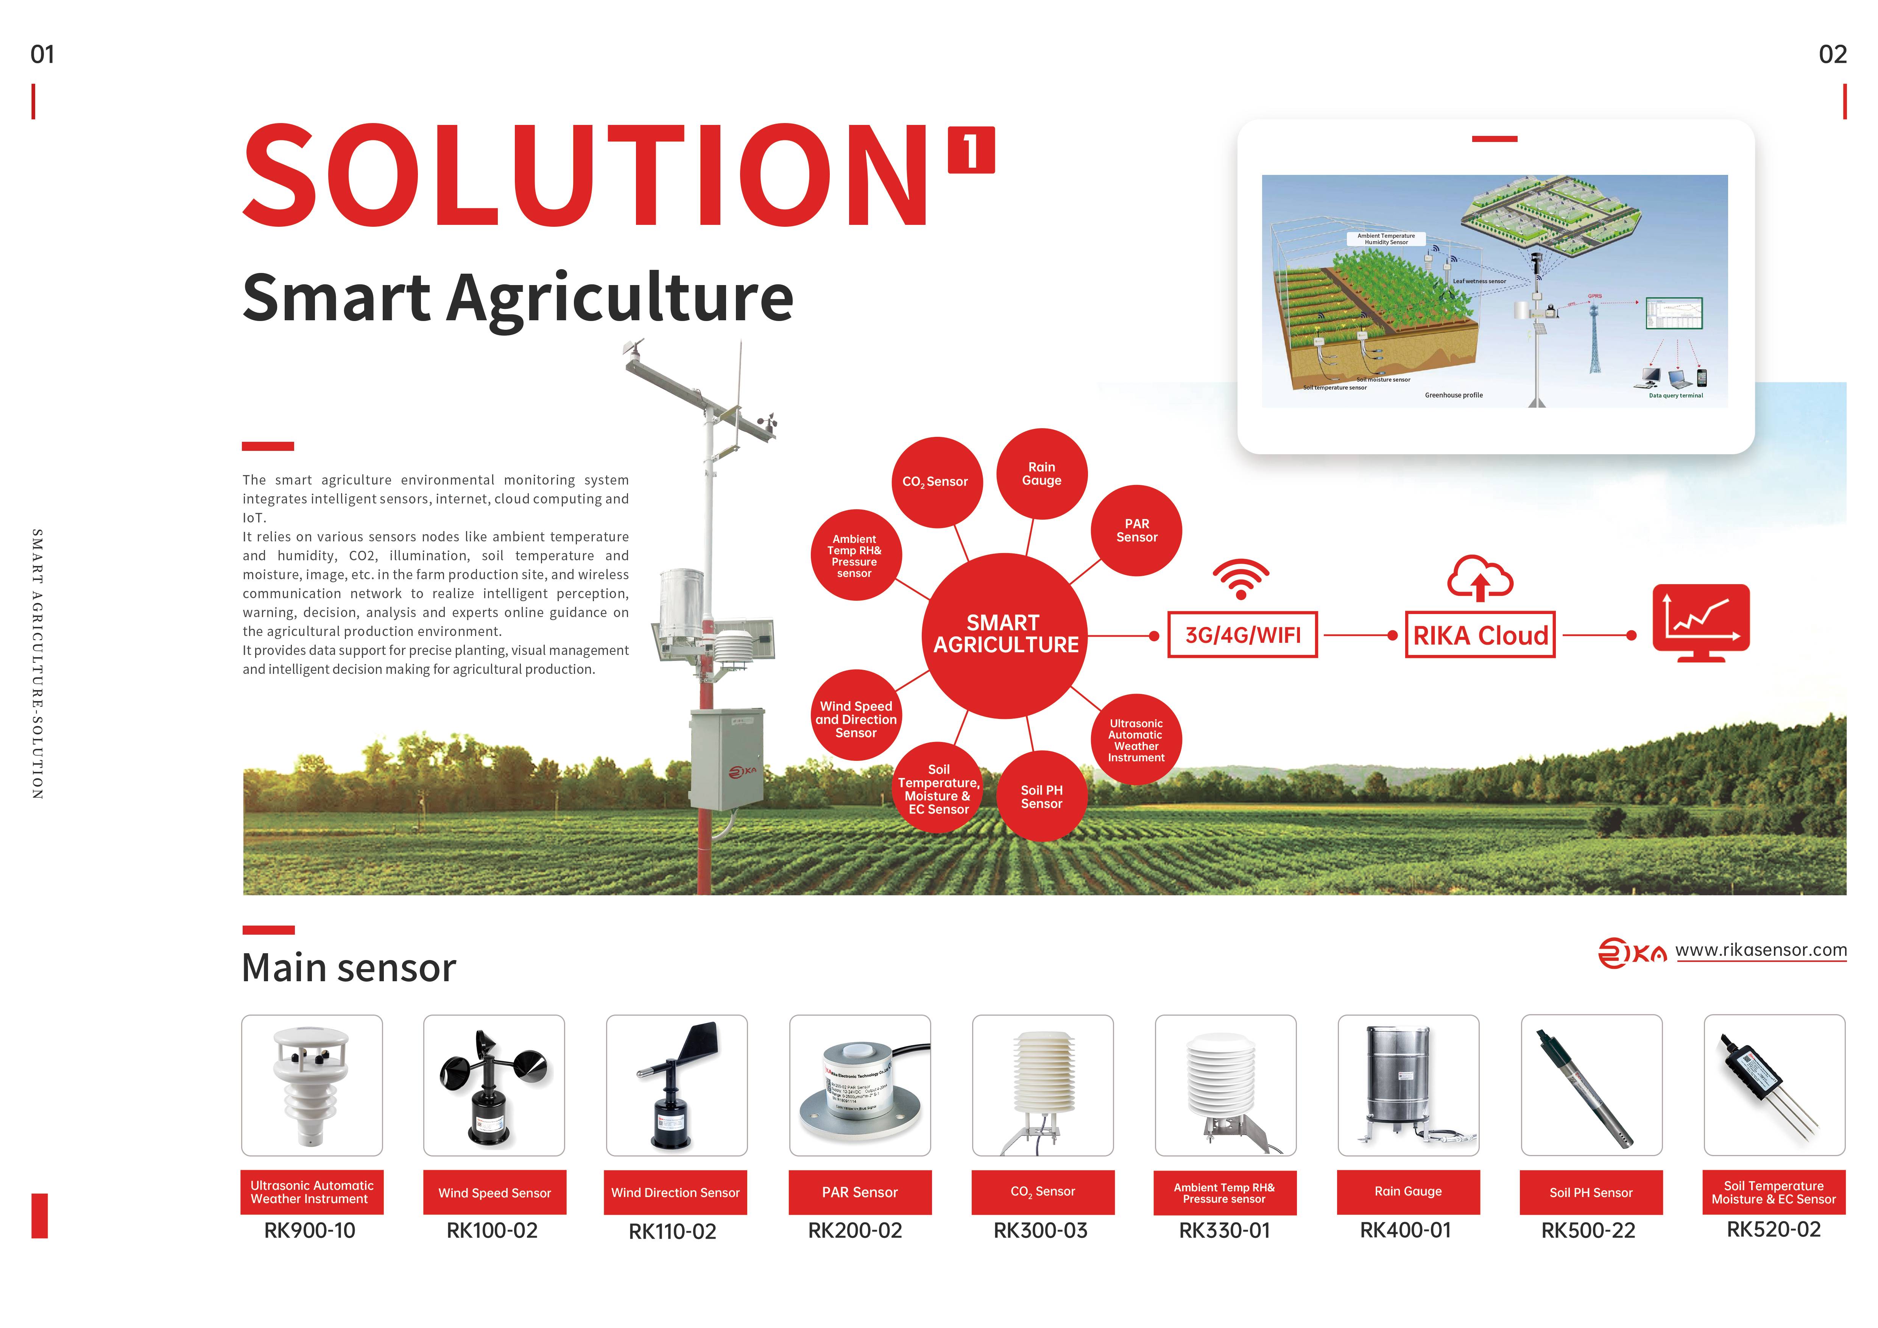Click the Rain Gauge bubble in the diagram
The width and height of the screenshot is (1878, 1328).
(1041, 474)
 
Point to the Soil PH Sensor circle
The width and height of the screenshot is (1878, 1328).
(1041, 796)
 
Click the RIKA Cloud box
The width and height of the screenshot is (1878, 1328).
(1480, 634)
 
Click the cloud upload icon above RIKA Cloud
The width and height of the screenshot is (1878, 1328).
(1480, 578)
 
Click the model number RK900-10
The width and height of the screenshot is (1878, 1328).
(310, 1231)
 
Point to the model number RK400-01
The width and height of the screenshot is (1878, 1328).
(1405, 1231)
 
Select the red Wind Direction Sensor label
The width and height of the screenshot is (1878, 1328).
(676, 1192)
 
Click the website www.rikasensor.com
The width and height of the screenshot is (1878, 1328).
(1760, 950)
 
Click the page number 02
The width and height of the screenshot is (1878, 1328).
(1832, 55)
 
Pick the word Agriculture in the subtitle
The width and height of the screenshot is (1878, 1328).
(620, 298)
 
